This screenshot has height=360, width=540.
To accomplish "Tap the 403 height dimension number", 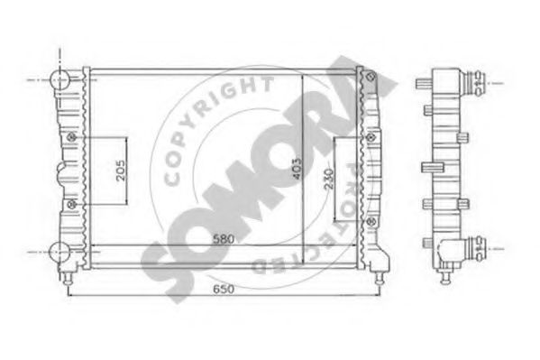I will [295, 162].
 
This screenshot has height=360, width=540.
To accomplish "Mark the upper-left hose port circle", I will [61, 79].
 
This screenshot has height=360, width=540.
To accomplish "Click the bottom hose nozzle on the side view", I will [475, 244].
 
